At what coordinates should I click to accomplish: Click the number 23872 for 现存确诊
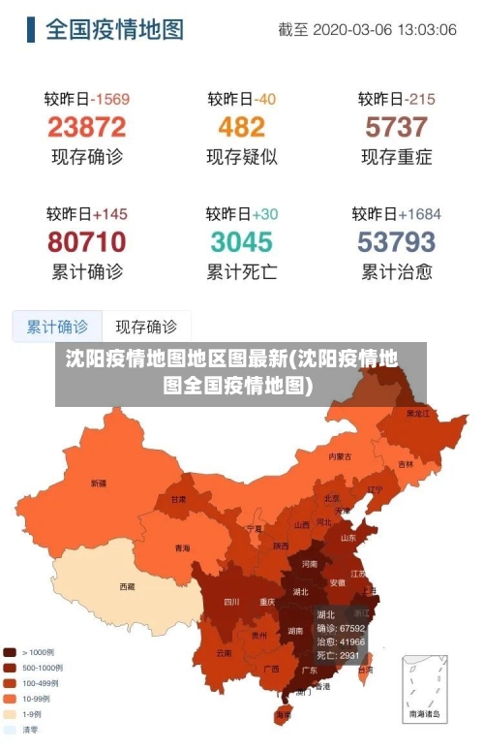[x=86, y=127]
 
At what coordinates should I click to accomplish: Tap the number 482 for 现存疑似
[x=241, y=127]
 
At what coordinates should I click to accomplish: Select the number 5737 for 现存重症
[x=396, y=127]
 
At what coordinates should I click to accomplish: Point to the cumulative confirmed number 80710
[x=86, y=241]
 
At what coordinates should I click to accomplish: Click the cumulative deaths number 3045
[x=241, y=241]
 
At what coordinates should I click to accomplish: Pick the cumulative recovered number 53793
[x=396, y=241]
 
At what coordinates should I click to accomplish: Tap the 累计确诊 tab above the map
[x=57, y=327]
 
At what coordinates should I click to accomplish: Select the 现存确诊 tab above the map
[x=146, y=327]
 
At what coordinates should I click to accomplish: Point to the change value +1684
[x=418, y=213]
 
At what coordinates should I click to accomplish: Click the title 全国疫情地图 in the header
[x=114, y=29]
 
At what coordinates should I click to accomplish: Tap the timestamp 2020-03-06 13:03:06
[x=384, y=30]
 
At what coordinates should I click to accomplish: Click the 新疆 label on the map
[x=99, y=483]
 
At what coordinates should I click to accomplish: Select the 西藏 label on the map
[x=127, y=586]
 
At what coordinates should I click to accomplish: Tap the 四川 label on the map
[x=231, y=602]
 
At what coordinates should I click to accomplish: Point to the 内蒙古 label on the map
[x=340, y=455]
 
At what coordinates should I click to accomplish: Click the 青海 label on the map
[x=182, y=548]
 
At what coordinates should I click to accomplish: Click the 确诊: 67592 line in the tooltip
[x=340, y=628]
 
